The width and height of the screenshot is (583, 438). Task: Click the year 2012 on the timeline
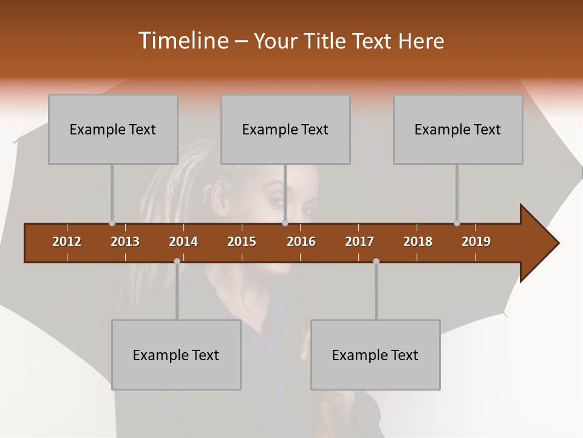pyautogui.click(x=67, y=242)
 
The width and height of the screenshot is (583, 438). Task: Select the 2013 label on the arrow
pyautogui.click(x=125, y=242)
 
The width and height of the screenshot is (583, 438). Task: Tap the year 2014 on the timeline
pyautogui.click(x=183, y=242)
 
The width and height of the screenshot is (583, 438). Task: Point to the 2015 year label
pyautogui.click(x=242, y=242)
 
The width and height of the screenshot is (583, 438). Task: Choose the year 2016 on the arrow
pyautogui.click(x=301, y=242)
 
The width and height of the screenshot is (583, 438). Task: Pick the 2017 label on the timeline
pyautogui.click(x=360, y=242)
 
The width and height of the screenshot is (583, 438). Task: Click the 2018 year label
pyautogui.click(x=418, y=242)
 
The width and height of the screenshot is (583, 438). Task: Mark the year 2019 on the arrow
pyautogui.click(x=476, y=242)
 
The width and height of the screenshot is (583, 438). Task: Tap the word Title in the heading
pyautogui.click(x=325, y=41)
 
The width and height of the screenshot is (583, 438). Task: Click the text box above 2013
pyautogui.click(x=113, y=129)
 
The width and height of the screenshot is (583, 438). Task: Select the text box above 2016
pyautogui.click(x=285, y=129)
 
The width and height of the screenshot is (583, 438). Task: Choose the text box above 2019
pyautogui.click(x=458, y=129)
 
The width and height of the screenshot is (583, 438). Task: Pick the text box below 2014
pyautogui.click(x=176, y=355)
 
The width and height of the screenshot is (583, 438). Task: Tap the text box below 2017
pyautogui.click(x=375, y=355)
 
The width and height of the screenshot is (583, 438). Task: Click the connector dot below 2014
pyautogui.click(x=177, y=261)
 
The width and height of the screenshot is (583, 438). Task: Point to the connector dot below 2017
pyautogui.click(x=376, y=261)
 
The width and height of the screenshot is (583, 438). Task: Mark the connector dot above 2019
pyautogui.click(x=457, y=223)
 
